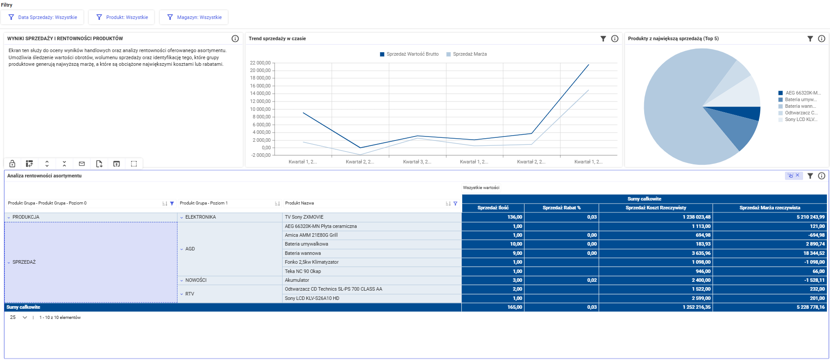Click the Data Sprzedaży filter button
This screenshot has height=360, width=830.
pyautogui.click(x=43, y=17)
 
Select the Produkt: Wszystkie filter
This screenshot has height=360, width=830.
pyautogui.click(x=121, y=17)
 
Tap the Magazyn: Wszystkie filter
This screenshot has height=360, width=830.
pyautogui.click(x=194, y=17)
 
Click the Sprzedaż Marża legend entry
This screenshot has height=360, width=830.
pyautogui.click(x=467, y=54)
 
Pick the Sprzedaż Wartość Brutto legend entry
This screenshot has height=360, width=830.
pyautogui.click(x=409, y=54)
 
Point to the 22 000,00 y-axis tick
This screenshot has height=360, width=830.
pyautogui.click(x=260, y=63)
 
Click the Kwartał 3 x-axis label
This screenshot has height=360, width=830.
pyautogui.click(x=417, y=162)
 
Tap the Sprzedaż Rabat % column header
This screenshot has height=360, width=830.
pyautogui.click(x=562, y=208)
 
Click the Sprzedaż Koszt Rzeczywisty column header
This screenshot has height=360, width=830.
pyautogui.click(x=656, y=208)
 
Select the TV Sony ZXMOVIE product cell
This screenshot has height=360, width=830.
pyautogui.click(x=304, y=217)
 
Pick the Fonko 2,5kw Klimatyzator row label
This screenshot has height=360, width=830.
pyautogui.click(x=312, y=262)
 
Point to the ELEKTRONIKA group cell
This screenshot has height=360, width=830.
pyautogui.click(x=200, y=217)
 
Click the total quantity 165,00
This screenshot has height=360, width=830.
pyautogui.click(x=515, y=307)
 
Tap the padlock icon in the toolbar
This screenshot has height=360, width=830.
pyautogui.click(x=12, y=164)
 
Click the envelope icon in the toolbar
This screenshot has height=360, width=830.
pyautogui.click(x=82, y=164)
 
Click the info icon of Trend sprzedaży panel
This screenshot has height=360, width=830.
pyautogui.click(x=615, y=39)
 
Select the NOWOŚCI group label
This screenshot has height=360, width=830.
pyautogui.click(x=196, y=280)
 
